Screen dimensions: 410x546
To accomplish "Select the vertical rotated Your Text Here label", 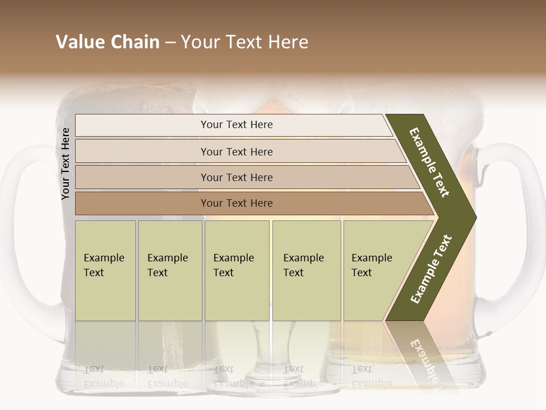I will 66,164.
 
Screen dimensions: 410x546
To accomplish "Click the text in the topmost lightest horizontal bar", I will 237,125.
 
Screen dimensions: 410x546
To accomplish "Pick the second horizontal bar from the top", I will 237,151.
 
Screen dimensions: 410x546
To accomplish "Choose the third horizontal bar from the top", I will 237,177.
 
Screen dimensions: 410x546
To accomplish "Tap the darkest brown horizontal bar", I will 237,203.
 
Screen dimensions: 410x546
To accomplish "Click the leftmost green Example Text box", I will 105,270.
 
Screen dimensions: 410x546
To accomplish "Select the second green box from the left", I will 170,270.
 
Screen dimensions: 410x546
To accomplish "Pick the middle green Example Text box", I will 237,270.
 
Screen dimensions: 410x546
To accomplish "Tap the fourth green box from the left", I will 307,270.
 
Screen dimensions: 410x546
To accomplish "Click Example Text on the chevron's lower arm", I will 431,269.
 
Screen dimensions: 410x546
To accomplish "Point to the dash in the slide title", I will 170,43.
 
